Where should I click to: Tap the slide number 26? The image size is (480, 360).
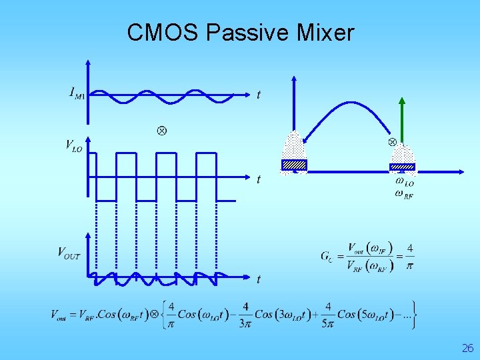point(467,348)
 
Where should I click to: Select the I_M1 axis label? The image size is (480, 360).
point(77,94)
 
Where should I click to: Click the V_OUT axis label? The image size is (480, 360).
point(69,253)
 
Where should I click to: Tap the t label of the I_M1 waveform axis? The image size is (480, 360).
point(259,95)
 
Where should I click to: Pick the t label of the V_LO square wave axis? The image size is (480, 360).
point(259,179)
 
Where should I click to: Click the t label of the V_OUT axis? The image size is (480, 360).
point(259,279)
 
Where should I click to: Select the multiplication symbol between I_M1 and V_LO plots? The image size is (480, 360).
point(161,130)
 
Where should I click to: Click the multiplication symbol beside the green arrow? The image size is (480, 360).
point(393,142)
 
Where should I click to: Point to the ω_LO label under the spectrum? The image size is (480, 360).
point(404,181)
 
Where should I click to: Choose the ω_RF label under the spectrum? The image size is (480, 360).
point(404,195)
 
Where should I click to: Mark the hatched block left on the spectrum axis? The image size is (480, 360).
point(294,165)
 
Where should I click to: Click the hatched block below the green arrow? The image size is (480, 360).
point(402,167)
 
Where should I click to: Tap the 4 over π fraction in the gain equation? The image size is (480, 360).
point(410,257)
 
